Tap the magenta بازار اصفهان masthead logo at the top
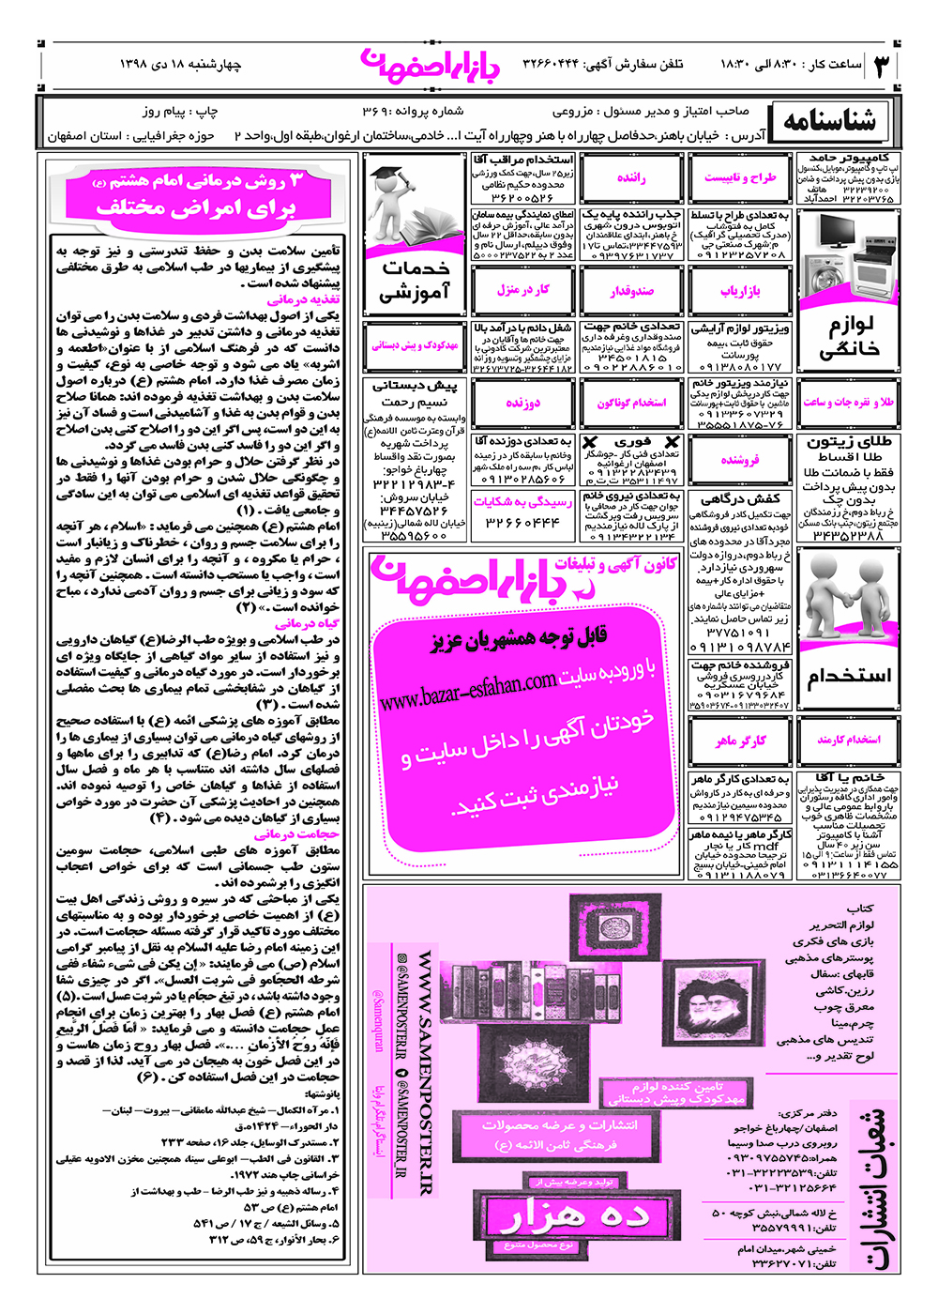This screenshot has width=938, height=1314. (x=431, y=63)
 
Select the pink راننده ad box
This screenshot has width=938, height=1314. (x=631, y=177)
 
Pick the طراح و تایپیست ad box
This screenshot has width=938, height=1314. (x=740, y=177)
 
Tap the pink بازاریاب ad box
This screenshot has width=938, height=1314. (x=740, y=291)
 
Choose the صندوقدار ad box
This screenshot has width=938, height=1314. (x=631, y=291)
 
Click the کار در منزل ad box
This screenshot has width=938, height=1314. (x=523, y=291)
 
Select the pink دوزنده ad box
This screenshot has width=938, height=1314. (x=523, y=403)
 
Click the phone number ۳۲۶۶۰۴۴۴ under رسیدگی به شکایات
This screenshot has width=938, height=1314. (x=522, y=522)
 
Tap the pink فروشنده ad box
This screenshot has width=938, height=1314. (x=740, y=460)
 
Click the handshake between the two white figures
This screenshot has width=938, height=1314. (x=847, y=601)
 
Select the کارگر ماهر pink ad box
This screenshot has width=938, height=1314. (x=740, y=741)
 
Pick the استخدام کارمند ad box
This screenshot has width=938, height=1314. (x=848, y=741)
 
